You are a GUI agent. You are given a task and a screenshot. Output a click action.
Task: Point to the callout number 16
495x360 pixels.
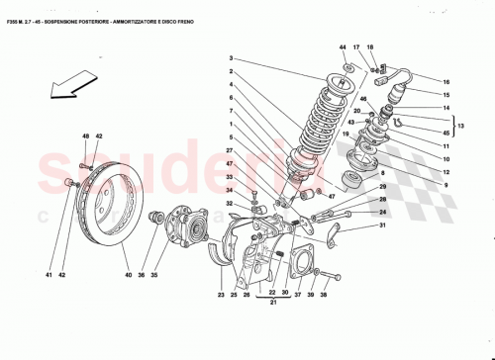point(445,81)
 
